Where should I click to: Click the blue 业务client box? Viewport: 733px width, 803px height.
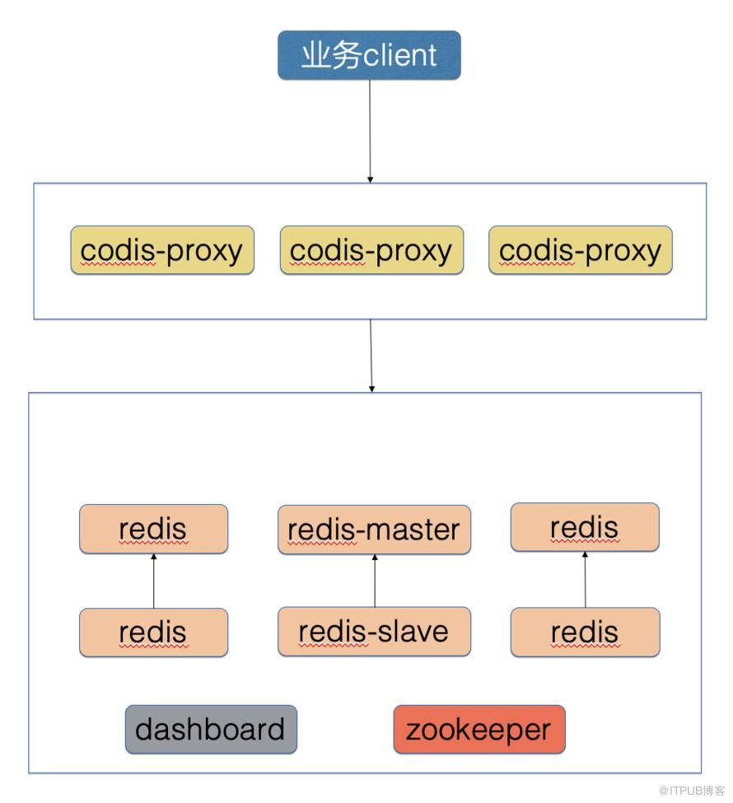click(369, 55)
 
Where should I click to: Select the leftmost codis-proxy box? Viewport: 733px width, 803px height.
click(162, 250)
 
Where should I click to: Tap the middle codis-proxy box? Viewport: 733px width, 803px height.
click(371, 250)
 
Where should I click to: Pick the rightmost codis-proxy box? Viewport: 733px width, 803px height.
click(581, 250)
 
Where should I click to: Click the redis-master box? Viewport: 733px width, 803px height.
click(374, 530)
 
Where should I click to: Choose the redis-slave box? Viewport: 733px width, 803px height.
click(374, 632)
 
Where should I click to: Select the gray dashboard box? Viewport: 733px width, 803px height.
click(211, 730)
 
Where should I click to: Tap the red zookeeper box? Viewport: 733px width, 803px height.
click(479, 730)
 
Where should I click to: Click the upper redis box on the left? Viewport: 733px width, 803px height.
click(153, 529)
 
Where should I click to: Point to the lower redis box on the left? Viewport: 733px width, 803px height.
click(153, 633)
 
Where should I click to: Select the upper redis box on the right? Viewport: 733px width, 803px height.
click(585, 527)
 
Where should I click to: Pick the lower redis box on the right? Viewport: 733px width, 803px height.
click(585, 633)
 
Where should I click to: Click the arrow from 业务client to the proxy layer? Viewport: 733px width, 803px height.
click(370, 132)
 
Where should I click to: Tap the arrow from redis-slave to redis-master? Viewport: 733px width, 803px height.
click(375, 581)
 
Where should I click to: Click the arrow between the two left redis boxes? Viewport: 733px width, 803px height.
click(154, 581)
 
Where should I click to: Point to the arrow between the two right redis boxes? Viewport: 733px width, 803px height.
click(586, 581)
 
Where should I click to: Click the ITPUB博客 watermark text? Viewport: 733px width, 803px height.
click(691, 790)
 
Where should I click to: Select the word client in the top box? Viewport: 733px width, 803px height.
click(400, 56)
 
